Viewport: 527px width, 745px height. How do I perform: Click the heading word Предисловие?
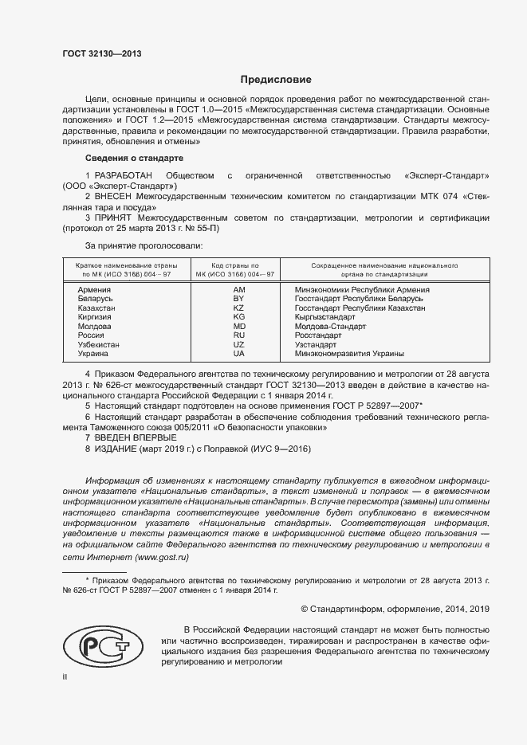[x=277, y=80]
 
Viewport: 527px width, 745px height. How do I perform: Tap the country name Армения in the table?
[x=93, y=290]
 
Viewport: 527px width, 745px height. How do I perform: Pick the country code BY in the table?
[x=238, y=299]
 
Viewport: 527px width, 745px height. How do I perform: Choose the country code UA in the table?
[x=238, y=353]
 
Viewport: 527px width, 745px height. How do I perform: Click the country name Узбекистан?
[x=99, y=344]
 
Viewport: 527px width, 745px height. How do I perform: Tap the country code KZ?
[x=238, y=308]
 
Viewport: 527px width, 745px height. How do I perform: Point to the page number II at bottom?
[x=65, y=676]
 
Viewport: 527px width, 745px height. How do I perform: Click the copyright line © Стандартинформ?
[x=394, y=609]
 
